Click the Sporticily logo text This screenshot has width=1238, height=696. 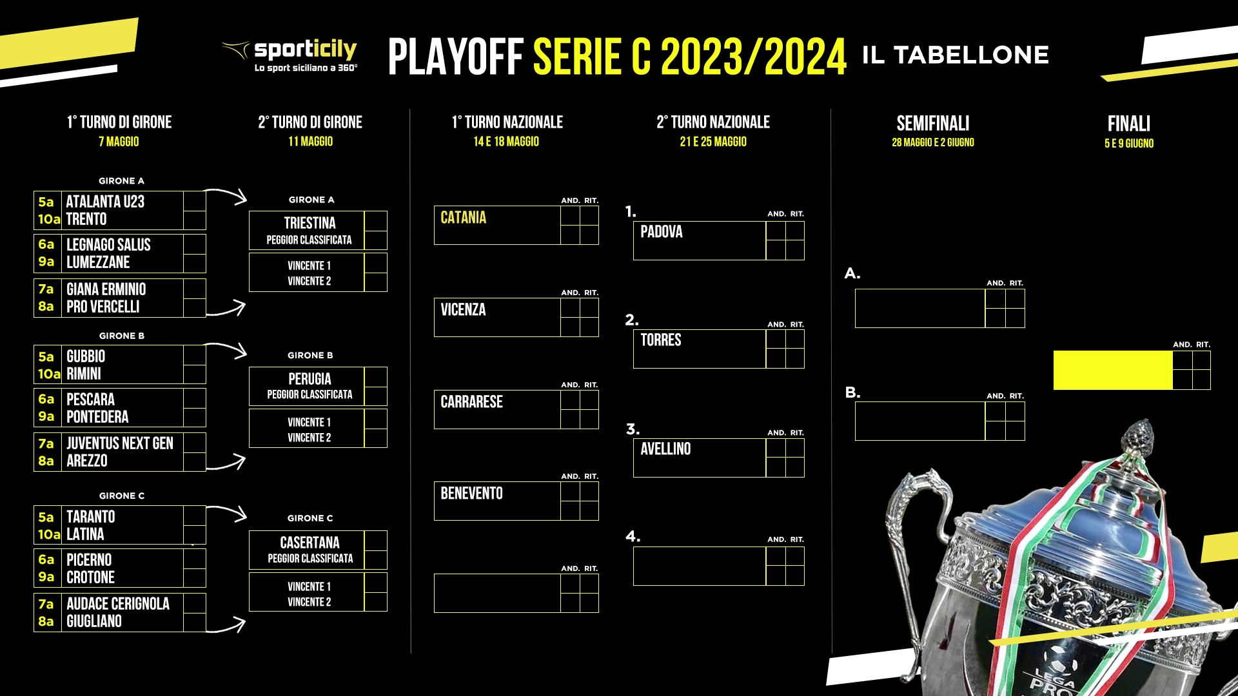[x=305, y=49]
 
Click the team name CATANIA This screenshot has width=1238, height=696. [x=463, y=218]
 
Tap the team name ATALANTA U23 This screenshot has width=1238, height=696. [x=105, y=202]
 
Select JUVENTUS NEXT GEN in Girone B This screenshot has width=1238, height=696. [x=120, y=443]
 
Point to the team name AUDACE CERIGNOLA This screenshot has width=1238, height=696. [x=118, y=604]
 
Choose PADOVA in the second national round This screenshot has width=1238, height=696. [x=661, y=232]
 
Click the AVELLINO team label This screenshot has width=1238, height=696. [x=665, y=449]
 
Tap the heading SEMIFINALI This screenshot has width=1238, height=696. [x=932, y=123]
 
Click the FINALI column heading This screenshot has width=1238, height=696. [x=1128, y=124]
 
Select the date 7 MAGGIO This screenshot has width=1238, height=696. [x=119, y=142]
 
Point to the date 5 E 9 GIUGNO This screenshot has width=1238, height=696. [x=1128, y=144]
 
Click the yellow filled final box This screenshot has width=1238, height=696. [x=1113, y=371]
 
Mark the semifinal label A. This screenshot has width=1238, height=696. [x=852, y=274]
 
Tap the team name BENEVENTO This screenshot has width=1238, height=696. [x=471, y=494]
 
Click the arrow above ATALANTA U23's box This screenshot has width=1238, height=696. [x=226, y=195]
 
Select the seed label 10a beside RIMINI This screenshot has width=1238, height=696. [x=49, y=374]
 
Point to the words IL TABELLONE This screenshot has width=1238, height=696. [x=956, y=55]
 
